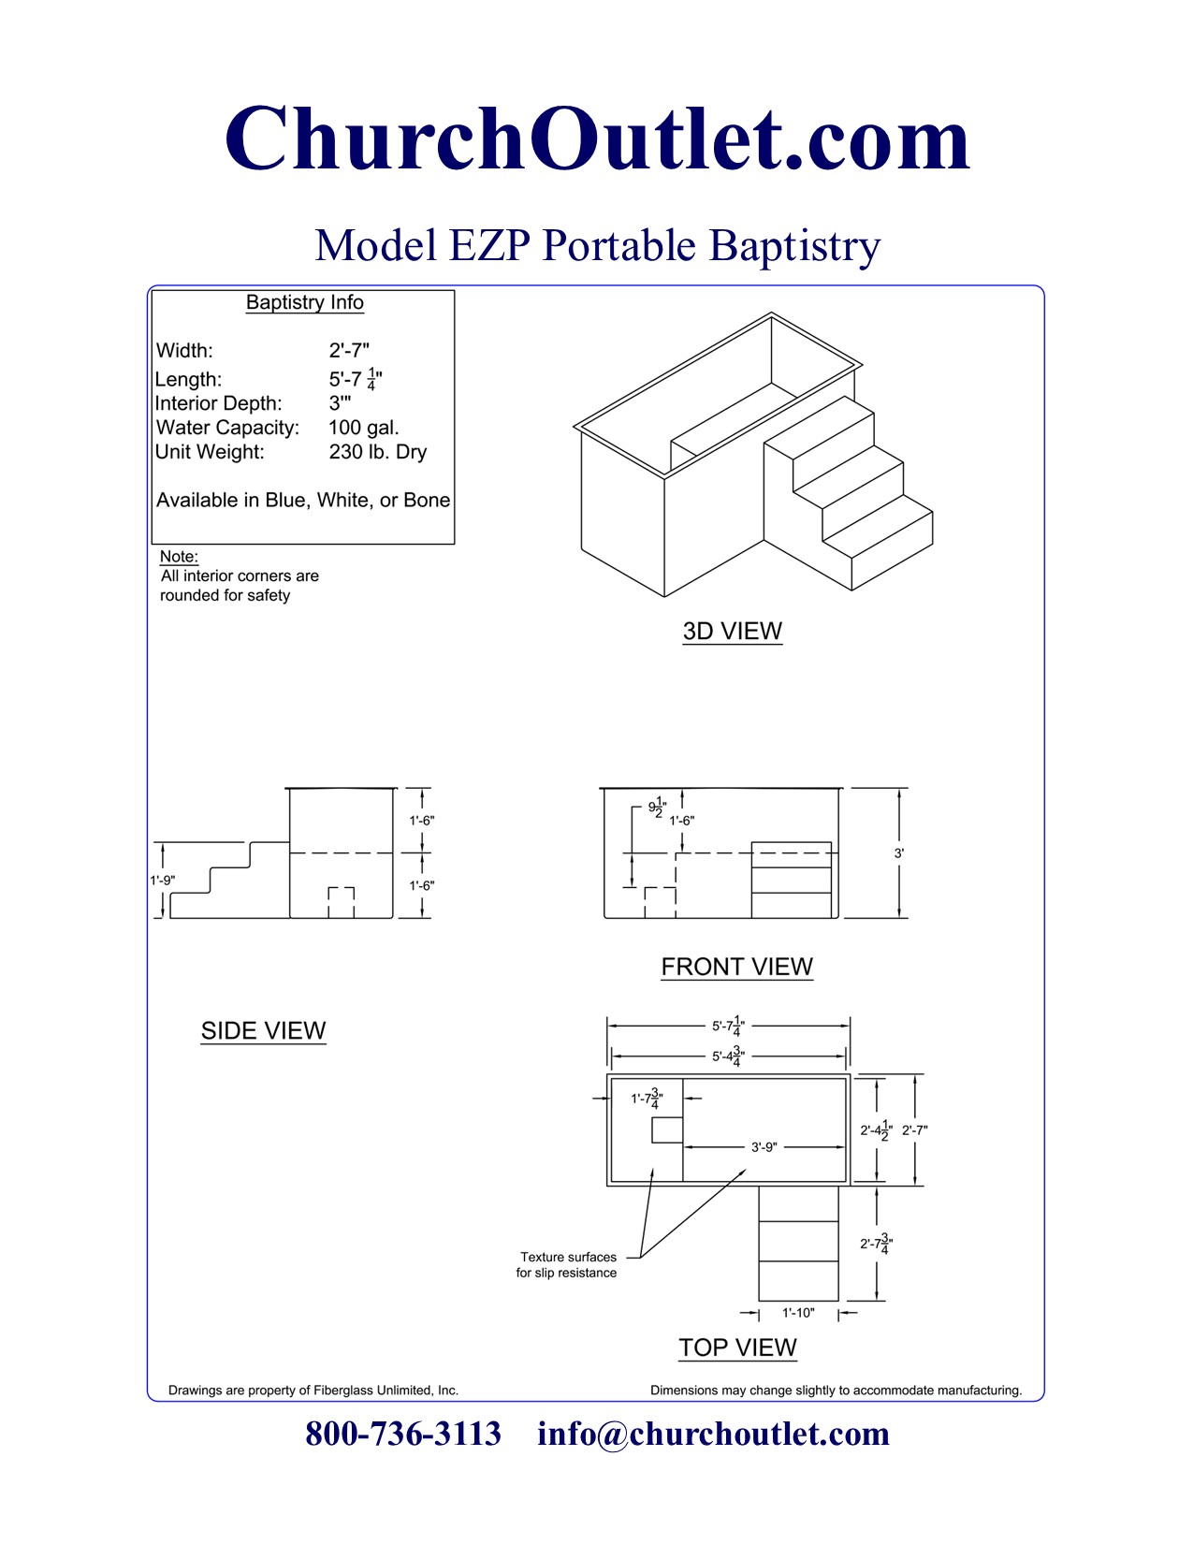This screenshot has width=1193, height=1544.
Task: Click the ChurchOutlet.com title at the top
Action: [597, 139]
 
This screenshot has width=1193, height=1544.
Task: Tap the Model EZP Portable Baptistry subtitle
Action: [597, 246]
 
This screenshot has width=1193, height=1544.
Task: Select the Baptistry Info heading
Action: [304, 302]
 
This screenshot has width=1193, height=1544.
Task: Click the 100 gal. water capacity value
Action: [363, 428]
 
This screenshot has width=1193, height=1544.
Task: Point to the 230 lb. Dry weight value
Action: [377, 452]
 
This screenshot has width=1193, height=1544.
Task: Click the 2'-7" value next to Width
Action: [348, 351]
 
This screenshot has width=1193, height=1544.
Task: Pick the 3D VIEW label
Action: [732, 631]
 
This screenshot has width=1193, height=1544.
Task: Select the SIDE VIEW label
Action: [263, 1030]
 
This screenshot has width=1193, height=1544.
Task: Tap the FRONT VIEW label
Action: [736, 967]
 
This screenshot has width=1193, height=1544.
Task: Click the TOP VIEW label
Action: [737, 1347]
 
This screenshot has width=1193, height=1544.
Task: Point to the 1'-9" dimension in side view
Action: [162, 881]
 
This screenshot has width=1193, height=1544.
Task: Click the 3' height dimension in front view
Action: [898, 853]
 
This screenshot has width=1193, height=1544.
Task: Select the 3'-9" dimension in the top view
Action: [764, 1147]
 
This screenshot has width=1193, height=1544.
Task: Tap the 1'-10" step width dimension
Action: [798, 1313]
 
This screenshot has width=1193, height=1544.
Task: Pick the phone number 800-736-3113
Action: [403, 1434]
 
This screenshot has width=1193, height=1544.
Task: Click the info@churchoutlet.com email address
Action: [713, 1434]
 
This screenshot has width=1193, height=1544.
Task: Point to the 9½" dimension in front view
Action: [657, 807]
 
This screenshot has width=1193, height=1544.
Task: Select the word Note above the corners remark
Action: [178, 557]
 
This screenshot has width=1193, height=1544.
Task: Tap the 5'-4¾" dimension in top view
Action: [728, 1056]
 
